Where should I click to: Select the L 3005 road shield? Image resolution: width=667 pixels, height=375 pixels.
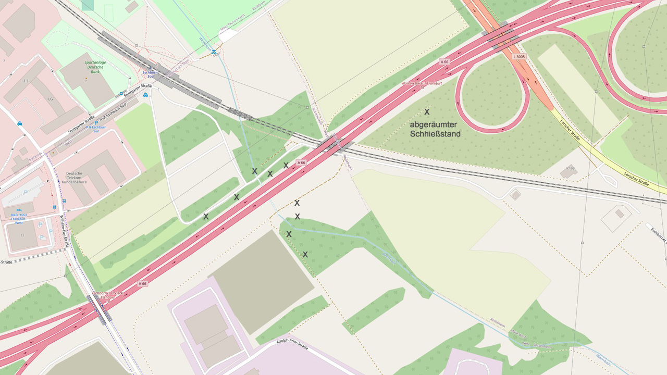click(x=518, y=56)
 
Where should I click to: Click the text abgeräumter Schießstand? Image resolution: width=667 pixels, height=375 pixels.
click(x=435, y=129)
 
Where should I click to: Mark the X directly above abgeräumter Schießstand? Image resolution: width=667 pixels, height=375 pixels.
click(x=427, y=112)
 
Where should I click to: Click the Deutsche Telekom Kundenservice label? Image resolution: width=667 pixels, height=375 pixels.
click(x=74, y=178)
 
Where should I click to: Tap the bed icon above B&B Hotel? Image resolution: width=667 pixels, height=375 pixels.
click(x=19, y=209)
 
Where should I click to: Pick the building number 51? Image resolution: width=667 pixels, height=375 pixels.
click(x=22, y=235)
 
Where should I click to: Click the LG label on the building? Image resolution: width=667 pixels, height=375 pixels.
click(x=51, y=98)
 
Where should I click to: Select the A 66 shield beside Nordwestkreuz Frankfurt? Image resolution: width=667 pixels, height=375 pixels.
click(x=444, y=62)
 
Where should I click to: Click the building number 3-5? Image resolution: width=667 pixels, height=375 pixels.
click(x=26, y=81)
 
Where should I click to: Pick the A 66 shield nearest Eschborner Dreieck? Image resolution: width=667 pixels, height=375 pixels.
click(x=142, y=284)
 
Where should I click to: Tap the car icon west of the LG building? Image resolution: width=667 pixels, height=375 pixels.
click(x=20, y=124)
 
